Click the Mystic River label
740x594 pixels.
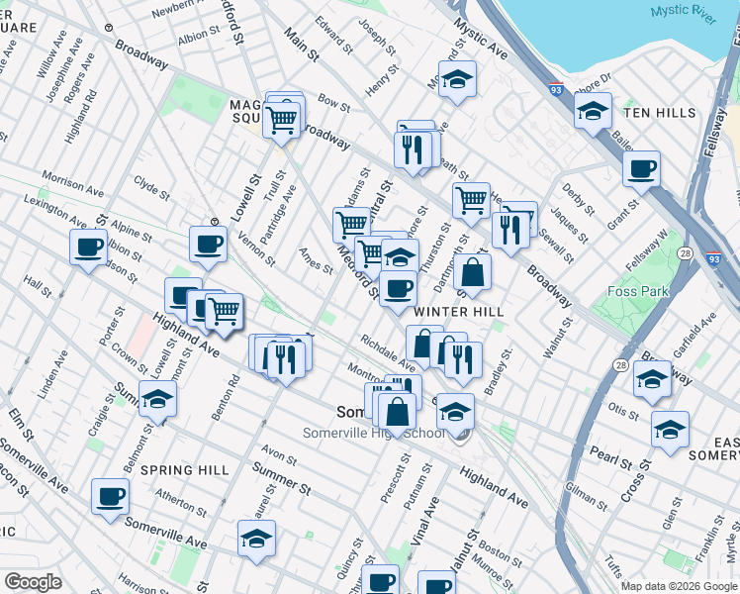683,12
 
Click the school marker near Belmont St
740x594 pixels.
157,398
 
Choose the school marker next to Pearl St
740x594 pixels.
670,430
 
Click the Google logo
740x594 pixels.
33,581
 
